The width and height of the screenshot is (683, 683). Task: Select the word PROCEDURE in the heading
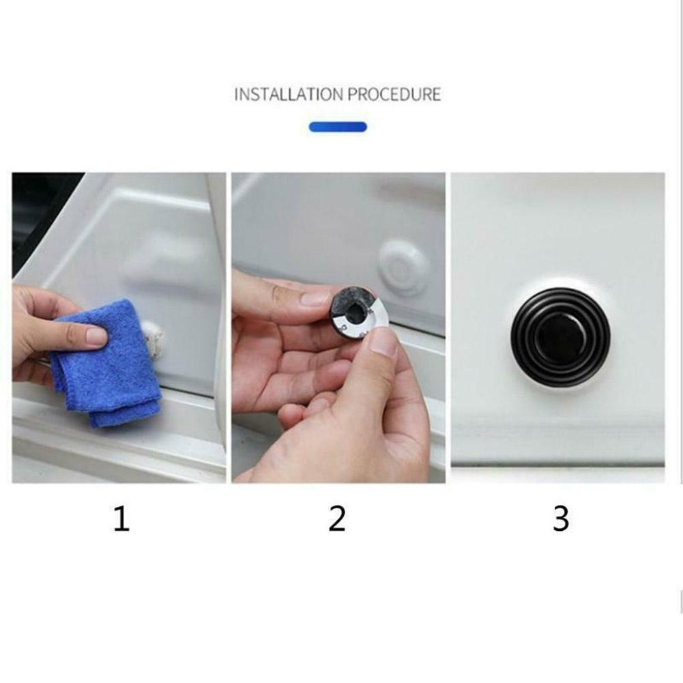coord(394,94)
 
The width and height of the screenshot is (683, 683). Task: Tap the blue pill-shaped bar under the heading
coord(338,127)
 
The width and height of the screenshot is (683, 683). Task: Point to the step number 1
coord(121,520)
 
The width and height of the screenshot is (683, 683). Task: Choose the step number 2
coord(337,520)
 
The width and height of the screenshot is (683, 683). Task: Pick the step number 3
coord(560,520)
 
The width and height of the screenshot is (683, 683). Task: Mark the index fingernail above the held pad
coord(315,297)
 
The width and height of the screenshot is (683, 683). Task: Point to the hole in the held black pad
coord(354,311)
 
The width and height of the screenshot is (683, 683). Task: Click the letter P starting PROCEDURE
coord(352,94)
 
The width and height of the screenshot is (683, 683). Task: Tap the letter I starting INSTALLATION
coord(237,94)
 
